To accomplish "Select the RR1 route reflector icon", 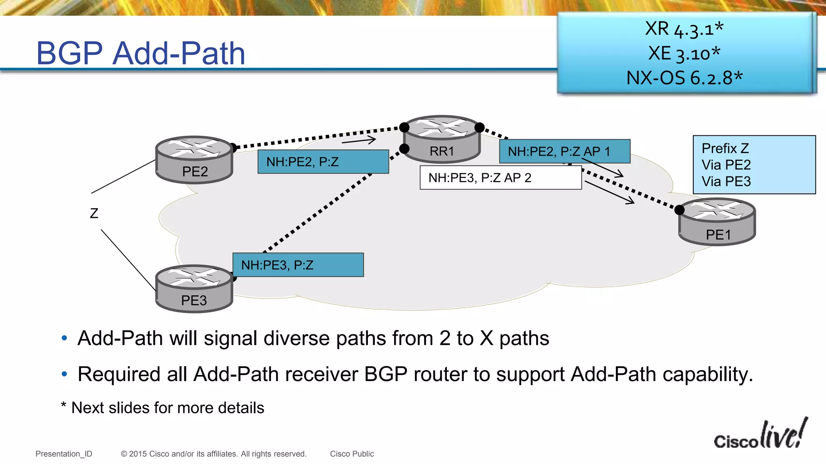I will point(442,139).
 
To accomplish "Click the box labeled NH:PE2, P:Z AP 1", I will point(564,151).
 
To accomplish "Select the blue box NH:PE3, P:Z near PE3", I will point(298,265).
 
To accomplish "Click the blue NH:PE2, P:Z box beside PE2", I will point(323,162).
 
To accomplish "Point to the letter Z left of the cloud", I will point(94,213).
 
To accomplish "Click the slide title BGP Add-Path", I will point(141,53).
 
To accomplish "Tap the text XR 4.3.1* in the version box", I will point(684,29).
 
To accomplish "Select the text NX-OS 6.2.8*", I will point(684,78).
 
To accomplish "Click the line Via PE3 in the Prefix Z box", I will point(726,181).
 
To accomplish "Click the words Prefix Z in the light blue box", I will point(725,148).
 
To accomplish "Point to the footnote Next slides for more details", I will point(167,408).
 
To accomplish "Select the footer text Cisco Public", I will point(352,454).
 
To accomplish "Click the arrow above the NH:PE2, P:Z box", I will point(359,141).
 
